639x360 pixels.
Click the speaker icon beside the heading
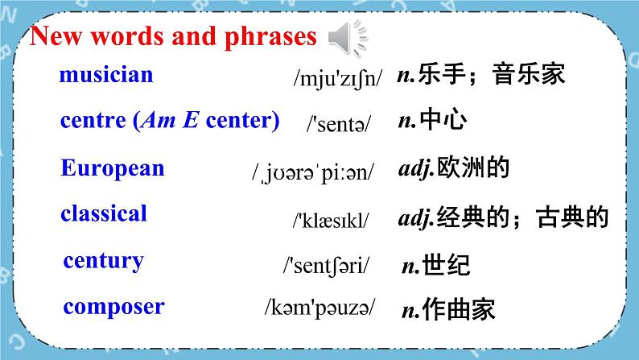click(x=349, y=38)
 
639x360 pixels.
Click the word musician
click(x=105, y=76)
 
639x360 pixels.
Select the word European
click(x=112, y=168)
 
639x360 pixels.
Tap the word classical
click(x=103, y=214)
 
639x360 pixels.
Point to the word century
click(x=103, y=261)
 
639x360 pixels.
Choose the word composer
click(x=113, y=307)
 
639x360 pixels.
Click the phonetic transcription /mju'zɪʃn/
click(x=338, y=78)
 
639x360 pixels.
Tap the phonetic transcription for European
click(x=312, y=172)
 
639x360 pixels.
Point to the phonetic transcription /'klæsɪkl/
click(x=330, y=218)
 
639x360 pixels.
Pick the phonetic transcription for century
click(x=326, y=264)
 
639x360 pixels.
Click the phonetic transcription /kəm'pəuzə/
click(x=319, y=308)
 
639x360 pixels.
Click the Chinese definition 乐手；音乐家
click(x=481, y=76)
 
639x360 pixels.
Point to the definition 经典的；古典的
click(x=503, y=217)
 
